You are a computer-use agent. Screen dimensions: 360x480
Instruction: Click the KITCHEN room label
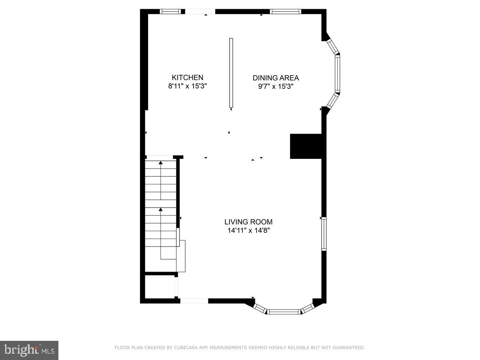click(188, 78)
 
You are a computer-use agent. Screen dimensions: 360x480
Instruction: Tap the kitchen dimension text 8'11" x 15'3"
click(188, 86)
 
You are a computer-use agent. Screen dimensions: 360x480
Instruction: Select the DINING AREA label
click(276, 78)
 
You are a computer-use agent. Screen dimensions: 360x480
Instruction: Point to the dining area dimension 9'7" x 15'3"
click(276, 86)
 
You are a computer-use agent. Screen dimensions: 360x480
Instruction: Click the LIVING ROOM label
click(248, 222)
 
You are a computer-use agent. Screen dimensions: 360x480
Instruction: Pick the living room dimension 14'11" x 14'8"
click(248, 230)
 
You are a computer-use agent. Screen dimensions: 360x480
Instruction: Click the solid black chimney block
click(306, 146)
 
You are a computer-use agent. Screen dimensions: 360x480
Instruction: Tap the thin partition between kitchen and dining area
click(231, 73)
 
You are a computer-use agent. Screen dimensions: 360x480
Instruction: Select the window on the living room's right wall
click(324, 234)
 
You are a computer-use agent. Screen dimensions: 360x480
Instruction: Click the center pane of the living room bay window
click(284, 312)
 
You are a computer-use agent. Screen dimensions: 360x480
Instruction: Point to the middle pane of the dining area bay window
click(337, 74)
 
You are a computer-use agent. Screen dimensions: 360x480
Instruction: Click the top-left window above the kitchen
click(170, 12)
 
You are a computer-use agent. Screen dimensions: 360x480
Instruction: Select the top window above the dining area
click(285, 12)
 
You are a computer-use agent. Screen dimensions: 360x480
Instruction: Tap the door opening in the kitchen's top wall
click(200, 12)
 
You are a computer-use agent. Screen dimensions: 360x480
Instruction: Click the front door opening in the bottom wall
click(194, 301)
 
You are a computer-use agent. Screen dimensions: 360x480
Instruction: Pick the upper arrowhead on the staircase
click(161, 162)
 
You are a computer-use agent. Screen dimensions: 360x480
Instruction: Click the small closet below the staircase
click(159, 286)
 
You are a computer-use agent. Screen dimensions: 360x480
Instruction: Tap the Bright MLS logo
click(29, 350)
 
